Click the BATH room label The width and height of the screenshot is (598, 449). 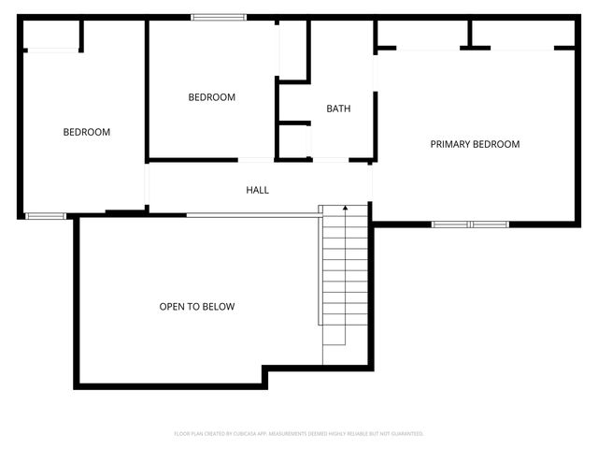[x=338, y=109]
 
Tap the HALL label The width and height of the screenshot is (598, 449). [x=257, y=190]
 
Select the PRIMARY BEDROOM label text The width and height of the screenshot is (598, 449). [x=475, y=144]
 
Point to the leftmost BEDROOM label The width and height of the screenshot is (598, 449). [x=86, y=132]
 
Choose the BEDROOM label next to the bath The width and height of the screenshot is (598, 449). [x=211, y=97]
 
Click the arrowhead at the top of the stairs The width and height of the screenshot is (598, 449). [x=346, y=208]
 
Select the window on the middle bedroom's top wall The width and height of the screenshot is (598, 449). [x=220, y=17]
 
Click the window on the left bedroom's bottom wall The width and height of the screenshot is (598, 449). [x=46, y=216]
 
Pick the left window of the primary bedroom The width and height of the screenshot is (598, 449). [x=451, y=224]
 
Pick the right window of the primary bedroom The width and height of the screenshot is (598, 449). [x=490, y=224]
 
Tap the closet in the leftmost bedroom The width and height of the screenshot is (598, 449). [x=51, y=35]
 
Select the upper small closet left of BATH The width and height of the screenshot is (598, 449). [x=292, y=51]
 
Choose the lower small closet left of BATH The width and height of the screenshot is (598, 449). [x=293, y=140]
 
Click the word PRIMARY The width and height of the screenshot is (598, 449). [x=450, y=144]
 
